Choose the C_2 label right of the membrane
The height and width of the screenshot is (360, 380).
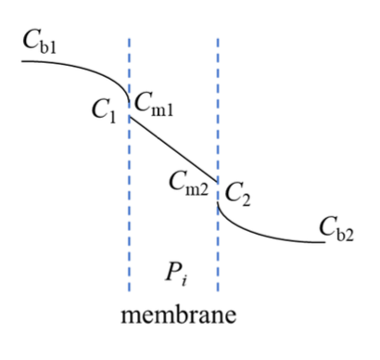point(238,196)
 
